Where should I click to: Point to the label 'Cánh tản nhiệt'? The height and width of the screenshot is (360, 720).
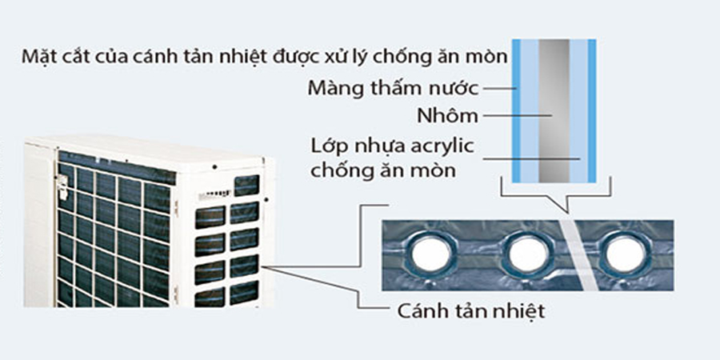coord(458,310)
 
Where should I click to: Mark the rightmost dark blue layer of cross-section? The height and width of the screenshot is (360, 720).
coord(591,112)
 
